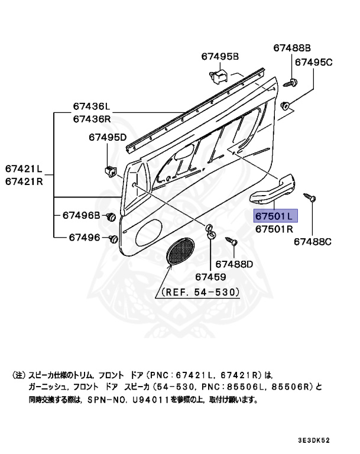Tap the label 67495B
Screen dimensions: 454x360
click(x=219, y=57)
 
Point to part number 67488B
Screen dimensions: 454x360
click(x=291, y=48)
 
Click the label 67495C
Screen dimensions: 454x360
click(x=314, y=61)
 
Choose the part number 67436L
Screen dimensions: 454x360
click(x=92, y=106)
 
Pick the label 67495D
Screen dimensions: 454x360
click(x=108, y=138)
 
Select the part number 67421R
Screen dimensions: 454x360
click(x=24, y=181)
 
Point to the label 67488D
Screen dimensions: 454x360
click(x=233, y=264)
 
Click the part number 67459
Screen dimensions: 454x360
click(x=210, y=277)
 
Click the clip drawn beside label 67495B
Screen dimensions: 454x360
click(x=218, y=75)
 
